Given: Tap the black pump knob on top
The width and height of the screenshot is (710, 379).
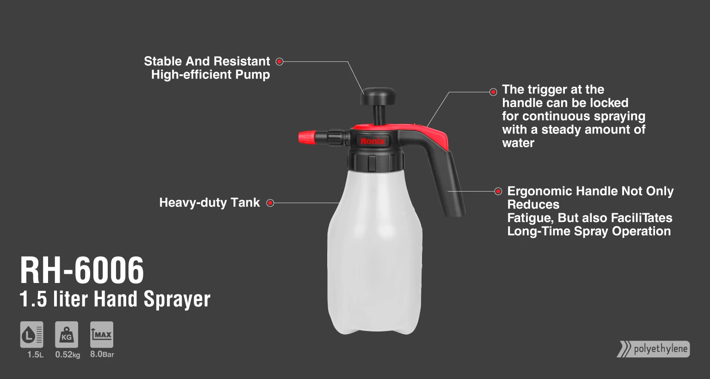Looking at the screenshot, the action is pyautogui.click(x=378, y=96).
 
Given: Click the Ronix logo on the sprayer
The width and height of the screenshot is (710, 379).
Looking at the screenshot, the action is pyautogui.click(x=373, y=141).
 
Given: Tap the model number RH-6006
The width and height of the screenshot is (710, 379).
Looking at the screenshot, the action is pyautogui.click(x=82, y=270).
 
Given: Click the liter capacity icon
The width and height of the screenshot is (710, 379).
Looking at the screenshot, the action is pyautogui.click(x=32, y=335).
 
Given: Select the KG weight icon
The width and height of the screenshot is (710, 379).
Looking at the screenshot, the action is pyautogui.click(x=67, y=335).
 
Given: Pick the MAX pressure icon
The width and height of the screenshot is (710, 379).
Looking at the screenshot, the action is pyautogui.click(x=101, y=335).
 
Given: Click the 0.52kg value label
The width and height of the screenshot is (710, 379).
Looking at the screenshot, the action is pyautogui.click(x=67, y=355).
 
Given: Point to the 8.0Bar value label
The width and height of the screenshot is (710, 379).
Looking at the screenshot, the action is pyautogui.click(x=102, y=355).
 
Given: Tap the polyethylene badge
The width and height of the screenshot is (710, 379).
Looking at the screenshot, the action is pyautogui.click(x=653, y=349).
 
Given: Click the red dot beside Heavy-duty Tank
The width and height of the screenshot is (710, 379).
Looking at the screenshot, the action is pyautogui.click(x=270, y=203).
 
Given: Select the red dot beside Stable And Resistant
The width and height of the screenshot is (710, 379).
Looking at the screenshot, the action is pyautogui.click(x=279, y=61).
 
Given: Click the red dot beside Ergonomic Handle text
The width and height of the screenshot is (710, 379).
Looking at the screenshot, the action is pyautogui.click(x=498, y=191).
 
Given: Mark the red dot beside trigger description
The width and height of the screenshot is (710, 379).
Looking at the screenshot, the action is pyautogui.click(x=493, y=92).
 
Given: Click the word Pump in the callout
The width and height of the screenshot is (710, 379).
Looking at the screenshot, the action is pyautogui.click(x=252, y=75).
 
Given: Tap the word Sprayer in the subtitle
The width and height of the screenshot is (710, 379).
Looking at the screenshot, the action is pyautogui.click(x=177, y=299).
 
